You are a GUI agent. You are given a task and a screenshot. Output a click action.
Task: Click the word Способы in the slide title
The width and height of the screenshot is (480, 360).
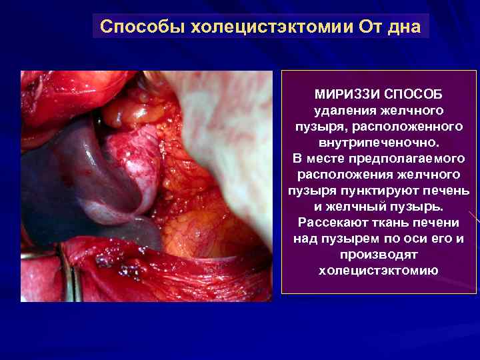(142, 27)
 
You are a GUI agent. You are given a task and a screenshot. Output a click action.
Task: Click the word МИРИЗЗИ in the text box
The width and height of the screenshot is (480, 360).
(342, 94)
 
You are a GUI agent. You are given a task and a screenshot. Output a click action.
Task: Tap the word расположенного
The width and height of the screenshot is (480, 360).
(413, 126)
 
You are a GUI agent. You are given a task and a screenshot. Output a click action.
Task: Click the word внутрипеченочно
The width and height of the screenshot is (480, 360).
(377, 142)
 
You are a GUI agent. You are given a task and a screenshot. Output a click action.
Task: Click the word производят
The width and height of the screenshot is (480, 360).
(378, 254)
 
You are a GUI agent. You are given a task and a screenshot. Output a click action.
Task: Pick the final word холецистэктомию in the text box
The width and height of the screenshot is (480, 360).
(378, 270)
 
